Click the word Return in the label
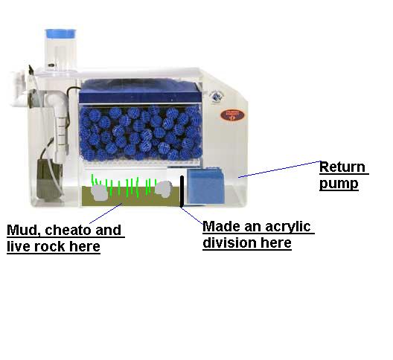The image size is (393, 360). [342, 167]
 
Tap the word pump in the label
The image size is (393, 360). [339, 184]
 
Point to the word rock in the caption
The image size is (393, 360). [50, 246]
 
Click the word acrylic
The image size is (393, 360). [288, 227]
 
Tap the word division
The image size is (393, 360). [230, 242]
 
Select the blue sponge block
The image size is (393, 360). [205, 186]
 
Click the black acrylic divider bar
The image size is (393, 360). [182, 191]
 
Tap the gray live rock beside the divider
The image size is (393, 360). [164, 190]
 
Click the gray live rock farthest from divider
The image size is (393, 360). [100, 193]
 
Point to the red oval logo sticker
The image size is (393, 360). [232, 115]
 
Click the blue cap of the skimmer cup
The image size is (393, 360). [60, 33]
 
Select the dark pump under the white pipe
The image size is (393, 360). [49, 180]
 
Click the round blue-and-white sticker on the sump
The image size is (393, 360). [217, 97]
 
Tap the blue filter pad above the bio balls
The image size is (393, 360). [140, 91]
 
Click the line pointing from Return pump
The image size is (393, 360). [279, 170]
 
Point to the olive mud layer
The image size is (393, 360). [130, 196]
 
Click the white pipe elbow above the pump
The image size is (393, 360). [57, 100]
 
